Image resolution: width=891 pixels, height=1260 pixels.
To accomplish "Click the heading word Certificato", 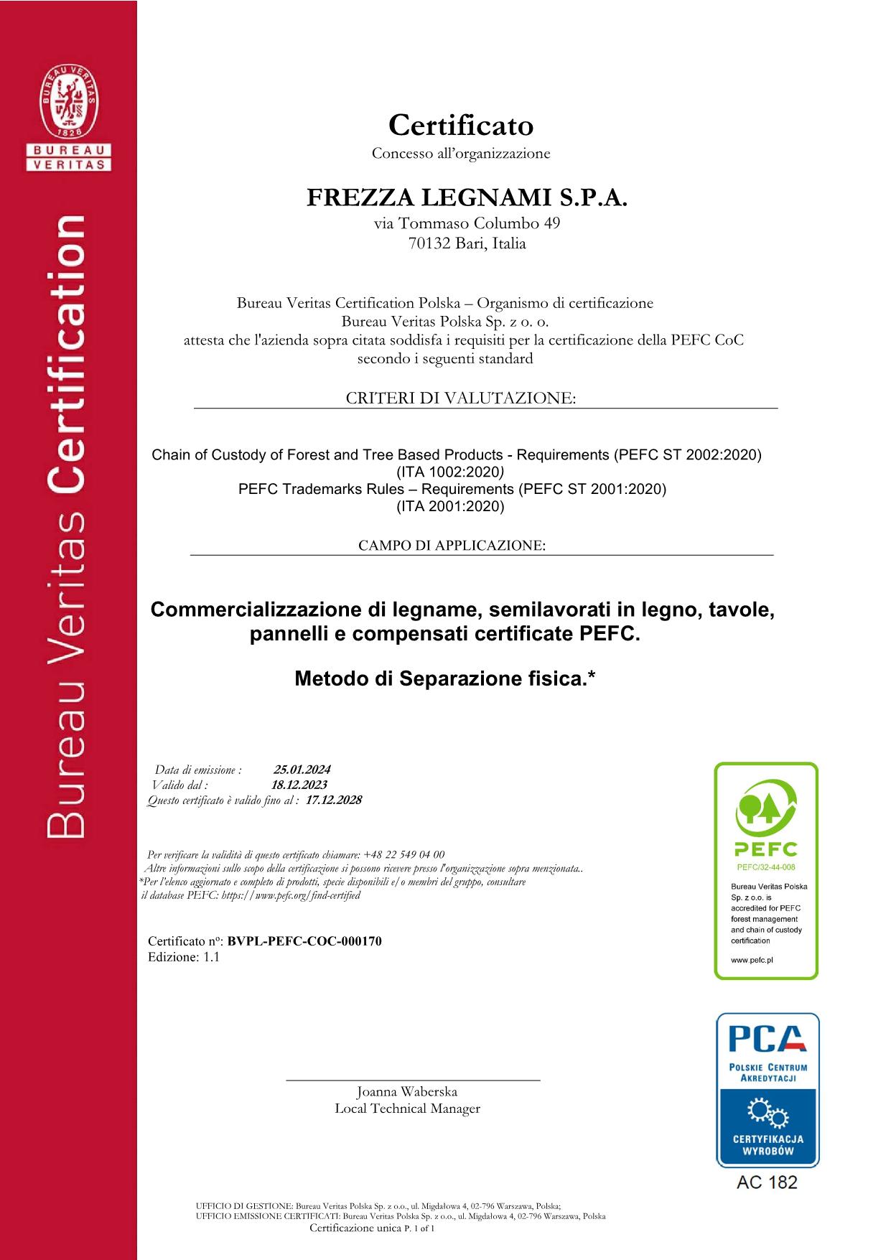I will (461, 126).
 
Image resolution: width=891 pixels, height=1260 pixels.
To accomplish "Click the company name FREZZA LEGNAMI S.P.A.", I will (467, 197).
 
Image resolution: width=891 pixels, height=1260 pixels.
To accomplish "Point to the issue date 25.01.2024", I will (302, 770).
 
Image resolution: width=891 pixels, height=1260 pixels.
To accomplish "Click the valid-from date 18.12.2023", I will (299, 785).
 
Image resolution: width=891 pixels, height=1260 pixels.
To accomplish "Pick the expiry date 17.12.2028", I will (334, 800).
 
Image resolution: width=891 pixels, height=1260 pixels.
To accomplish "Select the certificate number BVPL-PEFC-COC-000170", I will (304, 941).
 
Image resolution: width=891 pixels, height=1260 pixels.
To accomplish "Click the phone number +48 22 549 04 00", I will (404, 854).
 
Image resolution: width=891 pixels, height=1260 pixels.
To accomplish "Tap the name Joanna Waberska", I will (407, 1091).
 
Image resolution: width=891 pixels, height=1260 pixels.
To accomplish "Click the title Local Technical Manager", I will (407, 1109).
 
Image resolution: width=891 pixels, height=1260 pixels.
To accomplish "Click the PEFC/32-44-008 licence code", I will (765, 867).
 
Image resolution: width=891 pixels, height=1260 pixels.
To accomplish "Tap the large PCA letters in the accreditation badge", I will (766, 1039).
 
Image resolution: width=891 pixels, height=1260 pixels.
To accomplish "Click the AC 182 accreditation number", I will (767, 1182).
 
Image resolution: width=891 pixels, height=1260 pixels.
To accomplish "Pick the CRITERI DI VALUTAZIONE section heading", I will (461, 398).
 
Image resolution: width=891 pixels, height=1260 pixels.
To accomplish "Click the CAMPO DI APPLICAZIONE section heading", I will (452, 546).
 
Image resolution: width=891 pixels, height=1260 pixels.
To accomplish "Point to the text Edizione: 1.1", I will (184, 957).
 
